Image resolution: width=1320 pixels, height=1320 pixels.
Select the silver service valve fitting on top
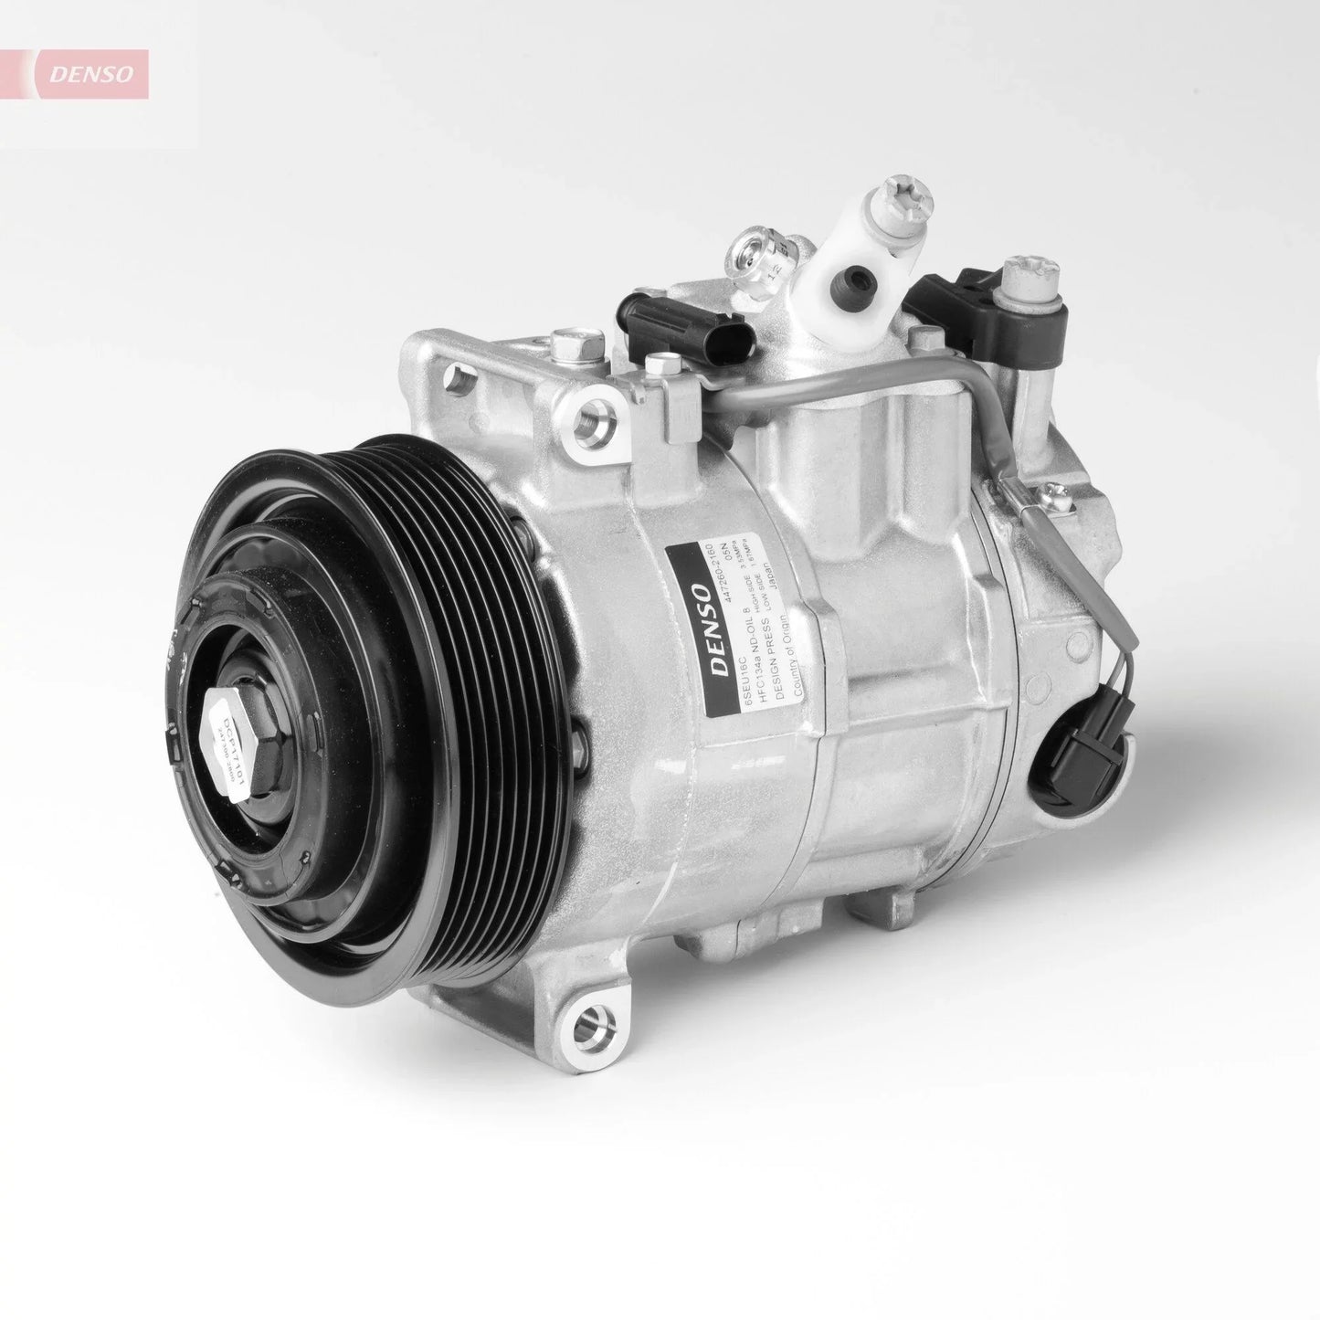[x=755, y=266]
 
